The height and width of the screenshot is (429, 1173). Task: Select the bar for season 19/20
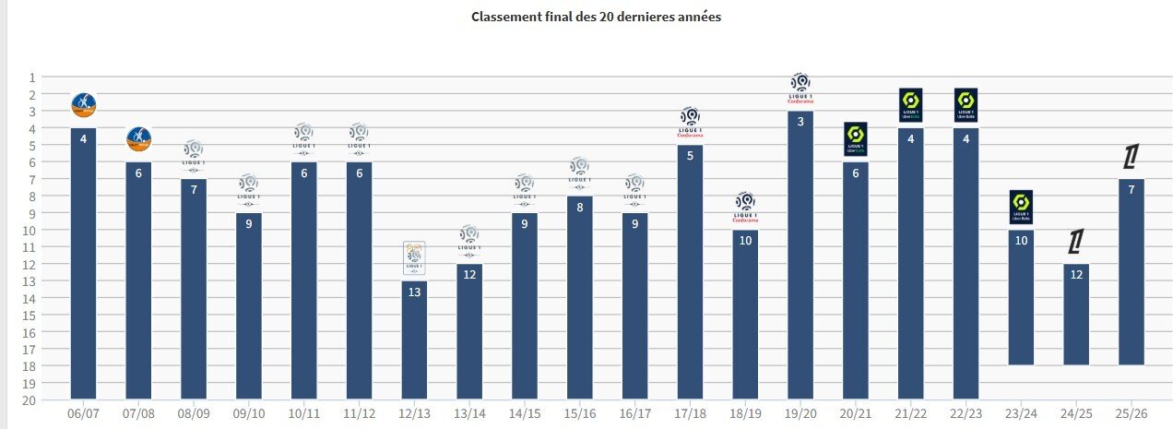pyautogui.click(x=800, y=258)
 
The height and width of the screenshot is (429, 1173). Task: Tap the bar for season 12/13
pyautogui.click(x=414, y=341)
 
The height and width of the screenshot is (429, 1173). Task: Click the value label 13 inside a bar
pyautogui.click(x=414, y=292)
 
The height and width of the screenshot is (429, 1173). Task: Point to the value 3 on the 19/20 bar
pyautogui.click(x=800, y=122)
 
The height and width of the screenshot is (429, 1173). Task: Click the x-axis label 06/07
pyautogui.click(x=83, y=413)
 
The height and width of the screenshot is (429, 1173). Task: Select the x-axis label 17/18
pyautogui.click(x=690, y=413)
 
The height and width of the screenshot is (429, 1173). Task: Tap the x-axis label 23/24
pyautogui.click(x=1021, y=413)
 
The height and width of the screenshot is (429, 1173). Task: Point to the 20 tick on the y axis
pyautogui.click(x=31, y=399)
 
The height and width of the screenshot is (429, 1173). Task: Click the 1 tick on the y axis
pyautogui.click(x=31, y=77)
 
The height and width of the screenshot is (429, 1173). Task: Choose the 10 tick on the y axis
pyautogui.click(x=31, y=230)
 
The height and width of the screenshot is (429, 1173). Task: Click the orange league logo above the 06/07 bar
pyautogui.click(x=83, y=105)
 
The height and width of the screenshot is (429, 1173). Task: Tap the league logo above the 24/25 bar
pyautogui.click(x=1075, y=242)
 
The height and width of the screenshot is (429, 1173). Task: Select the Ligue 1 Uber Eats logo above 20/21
pyautogui.click(x=855, y=139)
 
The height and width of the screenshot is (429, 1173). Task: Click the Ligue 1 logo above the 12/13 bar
pyautogui.click(x=414, y=257)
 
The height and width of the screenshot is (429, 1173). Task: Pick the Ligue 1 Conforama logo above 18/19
pyautogui.click(x=745, y=208)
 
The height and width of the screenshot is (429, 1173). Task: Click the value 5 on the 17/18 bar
pyautogui.click(x=690, y=156)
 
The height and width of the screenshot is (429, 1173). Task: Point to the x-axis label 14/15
pyautogui.click(x=524, y=413)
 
